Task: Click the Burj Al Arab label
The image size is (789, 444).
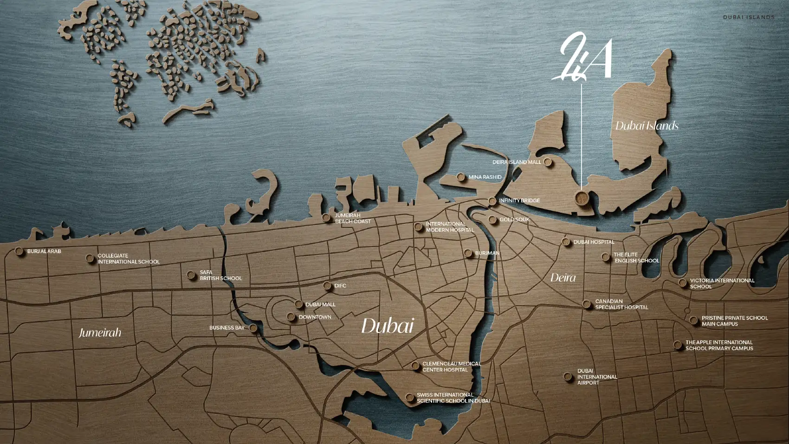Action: [44, 251]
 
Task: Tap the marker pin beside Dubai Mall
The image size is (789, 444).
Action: [299, 304]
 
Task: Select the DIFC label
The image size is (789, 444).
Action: [340, 286]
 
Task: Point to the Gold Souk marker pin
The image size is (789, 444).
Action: [492, 220]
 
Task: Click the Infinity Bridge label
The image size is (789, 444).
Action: [519, 201]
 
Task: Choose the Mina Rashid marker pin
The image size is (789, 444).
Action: [461, 177]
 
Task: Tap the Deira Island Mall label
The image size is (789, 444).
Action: [517, 162]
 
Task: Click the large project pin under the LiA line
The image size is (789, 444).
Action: [581, 197]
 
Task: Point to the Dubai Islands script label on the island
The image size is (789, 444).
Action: [647, 126]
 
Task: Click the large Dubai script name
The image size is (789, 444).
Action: [387, 326]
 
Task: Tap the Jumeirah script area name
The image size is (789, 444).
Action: [100, 333]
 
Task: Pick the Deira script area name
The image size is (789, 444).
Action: [563, 278]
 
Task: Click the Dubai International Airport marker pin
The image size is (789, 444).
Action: [568, 377]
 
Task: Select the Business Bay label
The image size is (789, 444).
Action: [226, 328]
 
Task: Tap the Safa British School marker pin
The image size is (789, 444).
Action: [191, 275]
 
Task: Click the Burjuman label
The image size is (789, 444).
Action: [487, 253]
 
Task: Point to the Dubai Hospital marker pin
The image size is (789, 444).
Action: [565, 242]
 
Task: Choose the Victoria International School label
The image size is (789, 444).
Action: [722, 283]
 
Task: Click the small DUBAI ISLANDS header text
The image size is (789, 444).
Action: [749, 17]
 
